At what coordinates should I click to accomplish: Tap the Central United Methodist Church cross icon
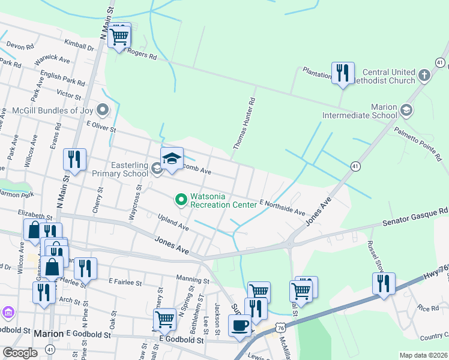(x=424, y=76)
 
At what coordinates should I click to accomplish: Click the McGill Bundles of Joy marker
(x=103, y=110)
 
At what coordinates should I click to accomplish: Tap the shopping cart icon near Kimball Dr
(x=119, y=37)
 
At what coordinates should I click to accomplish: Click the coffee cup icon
(x=240, y=326)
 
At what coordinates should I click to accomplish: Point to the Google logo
(x=20, y=353)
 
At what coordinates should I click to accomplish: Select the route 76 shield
(x=281, y=327)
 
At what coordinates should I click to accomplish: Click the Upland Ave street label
(x=173, y=224)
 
